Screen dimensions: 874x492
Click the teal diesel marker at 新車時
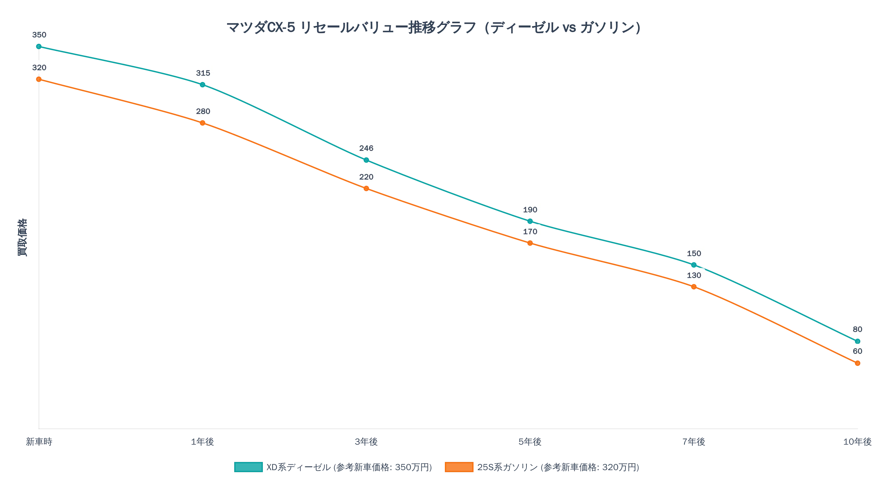click(39, 46)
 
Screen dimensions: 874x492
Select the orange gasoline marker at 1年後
click(202, 123)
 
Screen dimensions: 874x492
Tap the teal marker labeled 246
click(366, 160)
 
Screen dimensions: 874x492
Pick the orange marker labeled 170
click(530, 243)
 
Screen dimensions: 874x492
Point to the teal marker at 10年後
click(858, 341)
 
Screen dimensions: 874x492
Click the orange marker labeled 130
click(694, 287)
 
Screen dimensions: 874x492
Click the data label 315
click(203, 73)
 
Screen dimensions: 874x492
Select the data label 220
click(366, 177)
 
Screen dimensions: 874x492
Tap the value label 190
click(530, 210)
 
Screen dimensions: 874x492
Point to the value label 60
click(858, 351)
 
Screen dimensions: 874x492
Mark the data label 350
click(39, 35)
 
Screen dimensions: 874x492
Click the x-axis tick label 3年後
click(366, 442)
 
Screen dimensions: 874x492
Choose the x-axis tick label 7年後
click(694, 442)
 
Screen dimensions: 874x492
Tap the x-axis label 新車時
click(39, 442)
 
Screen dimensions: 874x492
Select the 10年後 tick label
click(858, 442)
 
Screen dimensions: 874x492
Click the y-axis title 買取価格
click(22, 237)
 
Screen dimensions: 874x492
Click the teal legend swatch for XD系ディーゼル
click(249, 467)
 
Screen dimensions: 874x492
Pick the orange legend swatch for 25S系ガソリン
click(459, 467)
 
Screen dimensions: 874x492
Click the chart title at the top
click(434, 27)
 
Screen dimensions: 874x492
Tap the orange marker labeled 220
click(366, 189)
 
